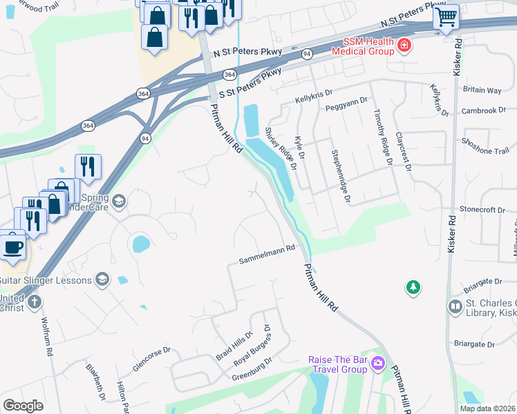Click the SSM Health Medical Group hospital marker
404,47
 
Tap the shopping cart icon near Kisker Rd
446,16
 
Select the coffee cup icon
13,246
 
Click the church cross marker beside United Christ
34,302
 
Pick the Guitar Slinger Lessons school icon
102,278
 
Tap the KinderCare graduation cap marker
119,201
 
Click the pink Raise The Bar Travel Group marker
378,362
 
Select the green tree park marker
413,286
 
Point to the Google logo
23,406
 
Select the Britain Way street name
482,90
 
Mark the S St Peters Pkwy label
251,83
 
